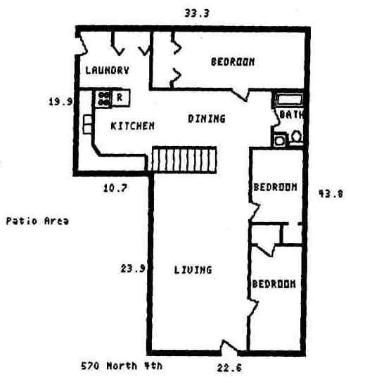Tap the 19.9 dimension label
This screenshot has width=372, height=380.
[x=60, y=101]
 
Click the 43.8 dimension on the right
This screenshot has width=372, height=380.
[x=331, y=194]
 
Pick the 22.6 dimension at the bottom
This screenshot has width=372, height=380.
[x=230, y=367]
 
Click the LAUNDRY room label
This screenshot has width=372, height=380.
[x=107, y=70]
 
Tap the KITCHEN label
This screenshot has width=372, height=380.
[x=133, y=126]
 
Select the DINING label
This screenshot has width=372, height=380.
[x=206, y=119]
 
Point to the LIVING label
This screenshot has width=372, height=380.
[x=193, y=269]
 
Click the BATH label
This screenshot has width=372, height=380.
[x=290, y=114]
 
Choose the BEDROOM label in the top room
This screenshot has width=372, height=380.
[x=233, y=62]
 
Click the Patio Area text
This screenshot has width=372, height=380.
[x=37, y=221]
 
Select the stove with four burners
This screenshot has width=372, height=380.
[x=103, y=98]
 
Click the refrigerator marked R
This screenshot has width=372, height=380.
[x=121, y=98]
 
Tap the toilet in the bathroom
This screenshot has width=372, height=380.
[x=297, y=136]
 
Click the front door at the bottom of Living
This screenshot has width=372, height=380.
[x=229, y=348]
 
